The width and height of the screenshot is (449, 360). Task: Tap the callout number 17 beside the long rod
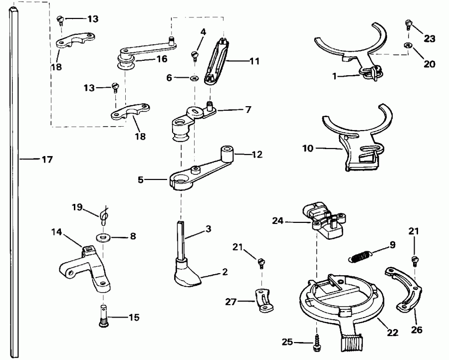(x=47, y=160)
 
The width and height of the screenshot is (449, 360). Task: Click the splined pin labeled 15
(x=104, y=317)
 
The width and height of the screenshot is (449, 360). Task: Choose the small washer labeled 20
(x=408, y=46)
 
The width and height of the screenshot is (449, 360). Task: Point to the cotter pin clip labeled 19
(x=104, y=215)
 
